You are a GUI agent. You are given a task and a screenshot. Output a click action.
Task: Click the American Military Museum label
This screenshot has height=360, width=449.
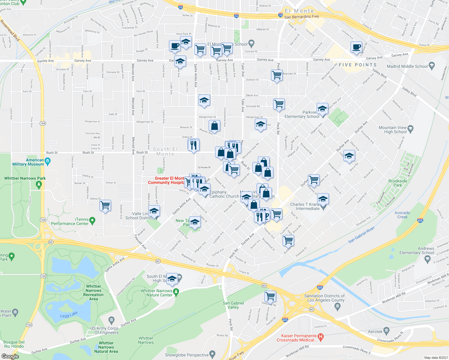coord(28,162)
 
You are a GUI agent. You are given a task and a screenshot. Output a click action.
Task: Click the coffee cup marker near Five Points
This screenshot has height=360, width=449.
coord(356,47)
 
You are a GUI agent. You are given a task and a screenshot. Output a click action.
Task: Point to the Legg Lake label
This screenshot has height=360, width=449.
coord(69,314)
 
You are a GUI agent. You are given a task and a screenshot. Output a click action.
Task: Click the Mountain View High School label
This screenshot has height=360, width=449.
coord(393,130)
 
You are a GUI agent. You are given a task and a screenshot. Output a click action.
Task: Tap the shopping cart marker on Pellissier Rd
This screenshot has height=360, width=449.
coord(270,296)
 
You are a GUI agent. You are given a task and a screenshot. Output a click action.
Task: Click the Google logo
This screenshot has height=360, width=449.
coord(10,356)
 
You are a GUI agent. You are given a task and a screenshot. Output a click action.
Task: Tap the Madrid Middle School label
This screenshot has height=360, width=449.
coord(407,66)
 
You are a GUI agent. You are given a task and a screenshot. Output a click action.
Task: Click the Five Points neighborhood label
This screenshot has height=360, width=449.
coord(357,65)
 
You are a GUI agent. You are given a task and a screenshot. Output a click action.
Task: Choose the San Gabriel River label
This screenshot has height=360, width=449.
coord(361,235)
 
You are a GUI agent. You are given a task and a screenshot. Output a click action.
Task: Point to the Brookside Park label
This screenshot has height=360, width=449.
coord(398,183)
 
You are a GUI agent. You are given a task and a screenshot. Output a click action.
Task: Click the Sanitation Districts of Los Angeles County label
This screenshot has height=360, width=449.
coord(324,298)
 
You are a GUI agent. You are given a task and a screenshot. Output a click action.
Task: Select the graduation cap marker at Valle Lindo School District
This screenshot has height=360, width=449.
coord(154,211)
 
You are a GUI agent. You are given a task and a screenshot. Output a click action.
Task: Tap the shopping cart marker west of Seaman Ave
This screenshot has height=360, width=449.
coord(105,206)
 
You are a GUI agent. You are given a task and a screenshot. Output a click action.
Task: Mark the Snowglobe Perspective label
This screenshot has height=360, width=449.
coord(187,355)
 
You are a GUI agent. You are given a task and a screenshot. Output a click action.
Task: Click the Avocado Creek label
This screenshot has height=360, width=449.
coord(402,215)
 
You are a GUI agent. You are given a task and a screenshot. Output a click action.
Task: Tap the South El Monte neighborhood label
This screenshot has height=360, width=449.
coord(165,151)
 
